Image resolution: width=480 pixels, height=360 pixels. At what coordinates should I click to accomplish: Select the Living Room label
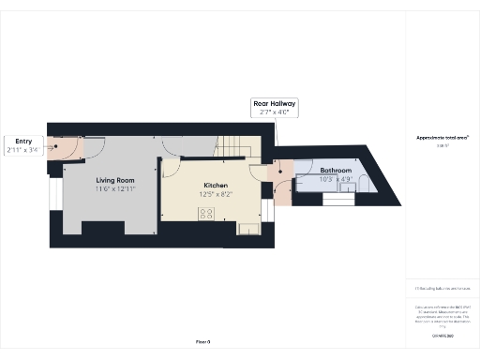pyautogui.click(x=115, y=180)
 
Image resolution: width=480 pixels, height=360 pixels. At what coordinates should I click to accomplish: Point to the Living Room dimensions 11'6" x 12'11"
pyautogui.click(x=115, y=189)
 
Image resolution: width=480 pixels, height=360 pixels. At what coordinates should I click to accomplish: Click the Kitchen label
pyautogui.click(x=217, y=186)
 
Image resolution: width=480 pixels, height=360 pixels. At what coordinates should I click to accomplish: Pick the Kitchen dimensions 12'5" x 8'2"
pyautogui.click(x=217, y=195)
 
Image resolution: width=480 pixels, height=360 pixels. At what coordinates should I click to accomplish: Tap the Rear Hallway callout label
pyautogui.click(x=274, y=103)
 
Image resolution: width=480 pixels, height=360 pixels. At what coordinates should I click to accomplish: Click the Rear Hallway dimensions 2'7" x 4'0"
pyautogui.click(x=274, y=112)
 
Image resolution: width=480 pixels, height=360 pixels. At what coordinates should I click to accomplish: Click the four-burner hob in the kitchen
pyautogui.click(x=205, y=214)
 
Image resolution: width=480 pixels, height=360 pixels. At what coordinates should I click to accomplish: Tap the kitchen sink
pyautogui.click(x=249, y=227)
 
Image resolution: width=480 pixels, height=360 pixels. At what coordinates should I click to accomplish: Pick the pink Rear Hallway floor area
pyautogui.click(x=280, y=172)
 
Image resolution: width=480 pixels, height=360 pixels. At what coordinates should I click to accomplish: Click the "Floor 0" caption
pyautogui.click(x=202, y=341)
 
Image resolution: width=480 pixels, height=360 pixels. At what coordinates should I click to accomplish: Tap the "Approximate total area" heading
pyautogui.click(x=442, y=138)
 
